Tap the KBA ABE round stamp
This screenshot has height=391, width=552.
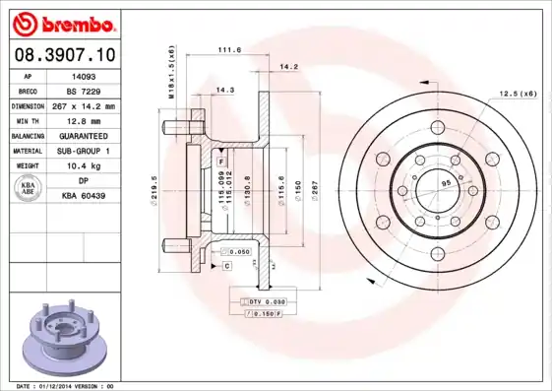(x=30, y=189)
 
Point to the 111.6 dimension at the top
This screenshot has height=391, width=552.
(x=229, y=50)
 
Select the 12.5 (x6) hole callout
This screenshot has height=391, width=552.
(x=517, y=94)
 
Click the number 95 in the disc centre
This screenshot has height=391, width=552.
(x=445, y=184)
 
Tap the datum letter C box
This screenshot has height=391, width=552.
(x=226, y=266)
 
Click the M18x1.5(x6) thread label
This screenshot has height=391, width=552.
(x=172, y=72)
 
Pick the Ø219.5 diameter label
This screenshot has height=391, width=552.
(x=154, y=188)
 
